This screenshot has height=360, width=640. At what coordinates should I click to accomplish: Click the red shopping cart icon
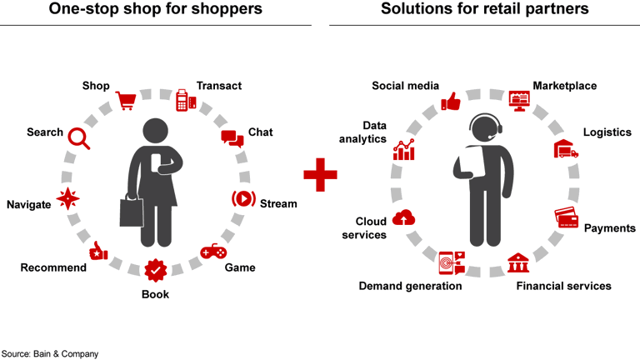click(126, 101)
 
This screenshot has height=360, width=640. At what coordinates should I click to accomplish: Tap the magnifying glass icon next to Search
click(79, 137)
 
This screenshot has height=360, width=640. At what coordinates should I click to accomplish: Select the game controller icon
click(212, 251)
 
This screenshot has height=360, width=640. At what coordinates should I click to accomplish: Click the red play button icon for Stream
click(242, 199)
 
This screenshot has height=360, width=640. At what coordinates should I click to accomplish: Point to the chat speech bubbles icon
click(232, 138)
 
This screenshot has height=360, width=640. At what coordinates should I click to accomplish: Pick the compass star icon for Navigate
click(67, 199)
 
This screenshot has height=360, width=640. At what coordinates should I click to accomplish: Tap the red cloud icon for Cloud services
click(404, 217)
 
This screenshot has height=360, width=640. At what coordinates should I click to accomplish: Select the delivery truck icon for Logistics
click(566, 149)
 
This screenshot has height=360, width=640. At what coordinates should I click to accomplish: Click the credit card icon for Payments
click(567, 218)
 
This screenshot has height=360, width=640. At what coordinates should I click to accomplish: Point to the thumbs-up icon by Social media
click(451, 102)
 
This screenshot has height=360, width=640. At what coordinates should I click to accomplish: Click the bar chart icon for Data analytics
click(404, 150)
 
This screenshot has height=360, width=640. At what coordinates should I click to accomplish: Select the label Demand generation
click(410, 286)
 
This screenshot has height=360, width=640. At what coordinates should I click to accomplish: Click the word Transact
click(219, 85)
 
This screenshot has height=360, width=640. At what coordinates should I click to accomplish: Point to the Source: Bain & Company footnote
click(50, 353)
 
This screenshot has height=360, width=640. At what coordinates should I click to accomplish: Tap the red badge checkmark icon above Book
click(154, 271)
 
